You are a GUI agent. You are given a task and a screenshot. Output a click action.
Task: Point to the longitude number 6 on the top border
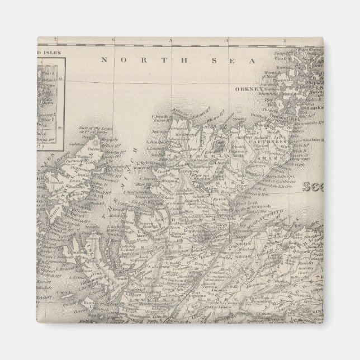113,40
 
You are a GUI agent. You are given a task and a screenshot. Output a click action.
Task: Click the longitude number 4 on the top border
228,40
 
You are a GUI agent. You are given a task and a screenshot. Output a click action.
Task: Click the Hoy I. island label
273,104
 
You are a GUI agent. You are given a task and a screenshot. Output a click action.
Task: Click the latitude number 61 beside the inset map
60,79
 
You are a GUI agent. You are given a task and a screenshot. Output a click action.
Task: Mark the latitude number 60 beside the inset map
60,127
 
